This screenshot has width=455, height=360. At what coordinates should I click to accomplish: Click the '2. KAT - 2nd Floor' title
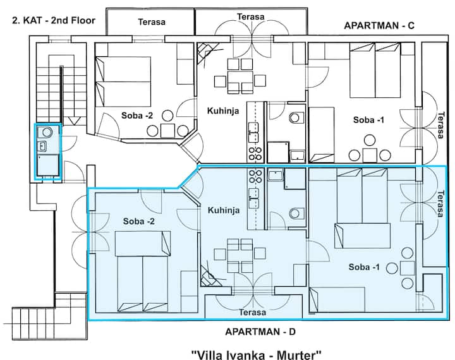click(x=53, y=20)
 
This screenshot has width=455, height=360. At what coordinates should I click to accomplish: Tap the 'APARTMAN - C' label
click(x=379, y=26)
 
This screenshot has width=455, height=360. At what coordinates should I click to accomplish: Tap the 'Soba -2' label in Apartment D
click(x=139, y=221)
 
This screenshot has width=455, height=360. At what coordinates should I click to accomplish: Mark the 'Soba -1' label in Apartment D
click(x=365, y=267)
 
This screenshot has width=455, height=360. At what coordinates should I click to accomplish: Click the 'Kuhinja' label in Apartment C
click(x=222, y=111)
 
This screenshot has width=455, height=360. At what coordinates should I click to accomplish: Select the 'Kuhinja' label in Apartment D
click(x=222, y=211)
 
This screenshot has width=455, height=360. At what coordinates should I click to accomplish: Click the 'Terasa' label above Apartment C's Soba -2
click(x=152, y=22)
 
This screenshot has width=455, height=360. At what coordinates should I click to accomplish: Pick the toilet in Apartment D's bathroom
click(x=294, y=213)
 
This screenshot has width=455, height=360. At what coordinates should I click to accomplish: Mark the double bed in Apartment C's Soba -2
click(x=124, y=81)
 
